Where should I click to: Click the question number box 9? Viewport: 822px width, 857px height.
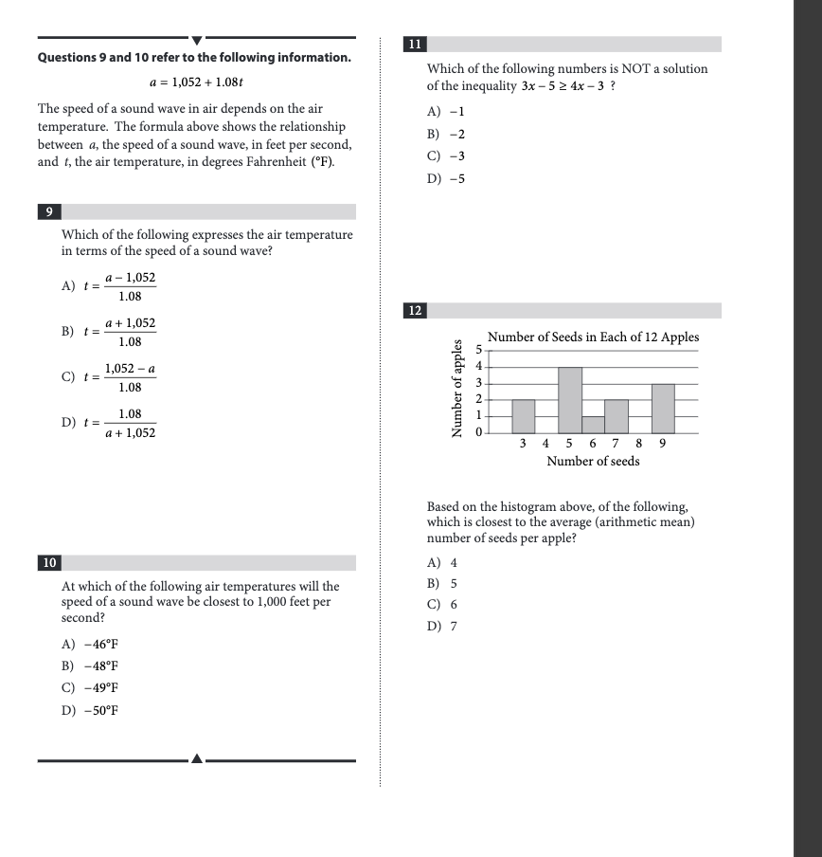49,212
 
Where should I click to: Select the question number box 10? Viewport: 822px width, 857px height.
49,563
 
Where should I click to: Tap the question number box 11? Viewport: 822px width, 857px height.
415,45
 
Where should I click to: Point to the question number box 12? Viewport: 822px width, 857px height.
415,311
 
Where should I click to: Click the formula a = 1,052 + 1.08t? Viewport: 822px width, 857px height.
197,82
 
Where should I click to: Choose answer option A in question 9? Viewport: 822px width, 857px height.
109,286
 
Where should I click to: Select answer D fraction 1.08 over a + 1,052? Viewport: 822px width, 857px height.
109,424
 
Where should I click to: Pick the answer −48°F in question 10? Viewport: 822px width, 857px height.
90,666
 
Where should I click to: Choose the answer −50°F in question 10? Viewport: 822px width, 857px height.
90,711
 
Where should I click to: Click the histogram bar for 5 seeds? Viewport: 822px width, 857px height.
569,400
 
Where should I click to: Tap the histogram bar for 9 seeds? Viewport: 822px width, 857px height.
662,409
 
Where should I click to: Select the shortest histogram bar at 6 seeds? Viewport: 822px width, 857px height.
593,425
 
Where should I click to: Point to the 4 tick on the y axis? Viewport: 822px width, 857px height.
478,366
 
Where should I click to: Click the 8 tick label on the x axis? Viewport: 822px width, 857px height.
639,443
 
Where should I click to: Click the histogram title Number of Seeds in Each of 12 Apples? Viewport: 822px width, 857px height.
593,337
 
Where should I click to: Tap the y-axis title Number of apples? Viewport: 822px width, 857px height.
458,388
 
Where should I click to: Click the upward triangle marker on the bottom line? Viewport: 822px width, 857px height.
196,758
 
